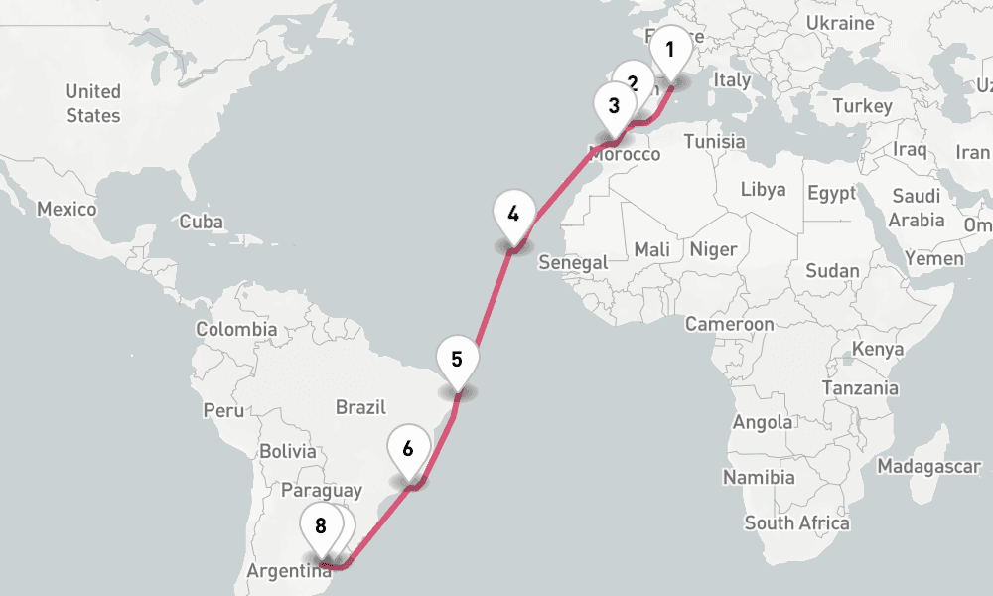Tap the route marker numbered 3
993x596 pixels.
point(614,106)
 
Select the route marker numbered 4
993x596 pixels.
point(513,215)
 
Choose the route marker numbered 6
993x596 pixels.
point(408,449)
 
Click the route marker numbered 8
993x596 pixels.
point(321,527)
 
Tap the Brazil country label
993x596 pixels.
point(360,406)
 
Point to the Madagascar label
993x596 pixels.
point(928,466)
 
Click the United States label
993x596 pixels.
point(93,103)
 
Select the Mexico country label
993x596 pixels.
point(67,210)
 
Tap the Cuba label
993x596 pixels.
point(202,223)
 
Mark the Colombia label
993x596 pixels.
point(236,329)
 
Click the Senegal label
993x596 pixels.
point(572,263)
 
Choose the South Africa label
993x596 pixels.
point(797,522)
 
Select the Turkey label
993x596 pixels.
point(863,106)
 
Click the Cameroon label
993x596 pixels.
point(729,324)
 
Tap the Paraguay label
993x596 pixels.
point(322,491)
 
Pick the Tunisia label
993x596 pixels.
point(714,141)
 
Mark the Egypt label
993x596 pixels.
point(832,193)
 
